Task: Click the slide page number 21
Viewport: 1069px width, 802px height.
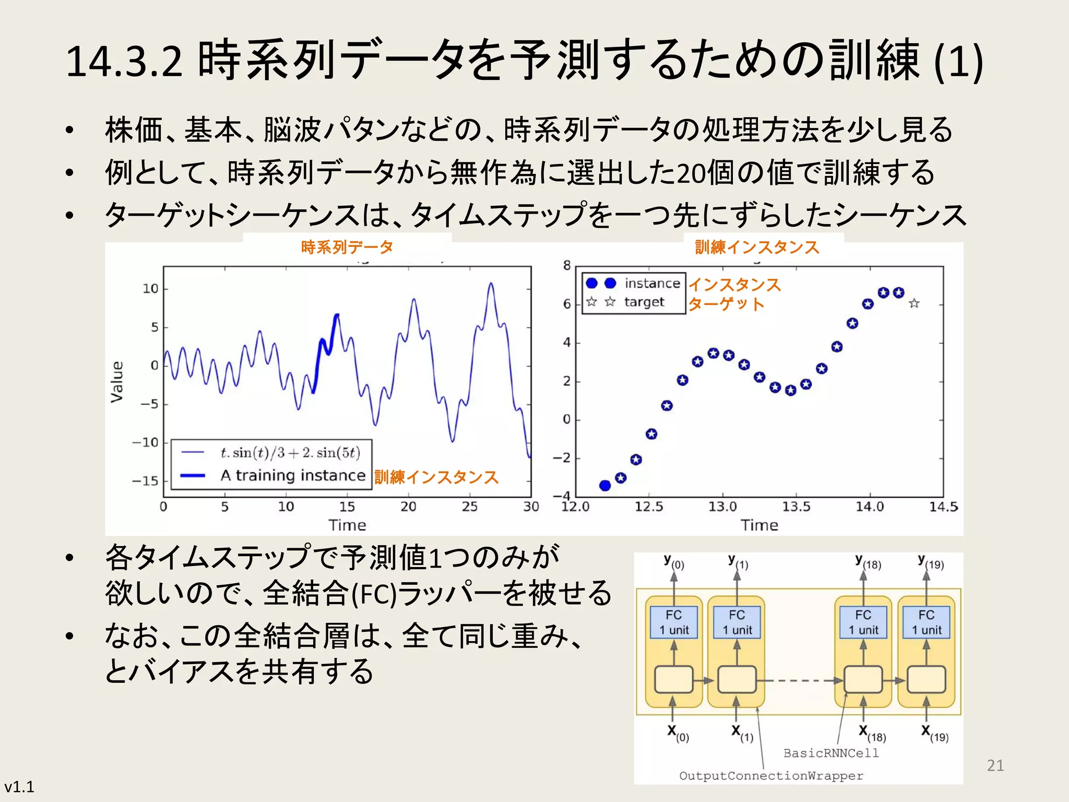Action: click(x=995, y=765)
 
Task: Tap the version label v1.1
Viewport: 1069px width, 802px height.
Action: click(x=19, y=786)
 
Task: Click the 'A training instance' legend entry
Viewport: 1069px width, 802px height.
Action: click(x=292, y=475)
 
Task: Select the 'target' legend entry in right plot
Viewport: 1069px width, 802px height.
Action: click(x=644, y=302)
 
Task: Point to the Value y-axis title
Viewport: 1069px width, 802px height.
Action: click(x=117, y=382)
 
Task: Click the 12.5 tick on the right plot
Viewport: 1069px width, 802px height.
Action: click(x=649, y=506)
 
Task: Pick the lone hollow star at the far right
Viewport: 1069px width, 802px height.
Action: click(x=914, y=303)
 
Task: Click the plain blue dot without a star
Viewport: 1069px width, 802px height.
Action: click(x=605, y=486)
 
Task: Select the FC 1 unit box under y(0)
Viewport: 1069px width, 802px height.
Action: click(x=673, y=622)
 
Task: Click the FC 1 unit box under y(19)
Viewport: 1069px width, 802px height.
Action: click(x=926, y=622)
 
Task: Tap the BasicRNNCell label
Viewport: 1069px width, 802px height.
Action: click(x=831, y=753)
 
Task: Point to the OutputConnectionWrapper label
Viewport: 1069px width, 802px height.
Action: click(x=771, y=776)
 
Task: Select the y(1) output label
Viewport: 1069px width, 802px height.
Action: click(x=738, y=562)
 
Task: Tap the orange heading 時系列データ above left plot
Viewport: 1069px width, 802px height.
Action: click(x=347, y=247)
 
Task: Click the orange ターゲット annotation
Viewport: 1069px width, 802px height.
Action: click(x=726, y=304)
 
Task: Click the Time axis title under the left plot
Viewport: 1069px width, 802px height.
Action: click(x=347, y=525)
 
